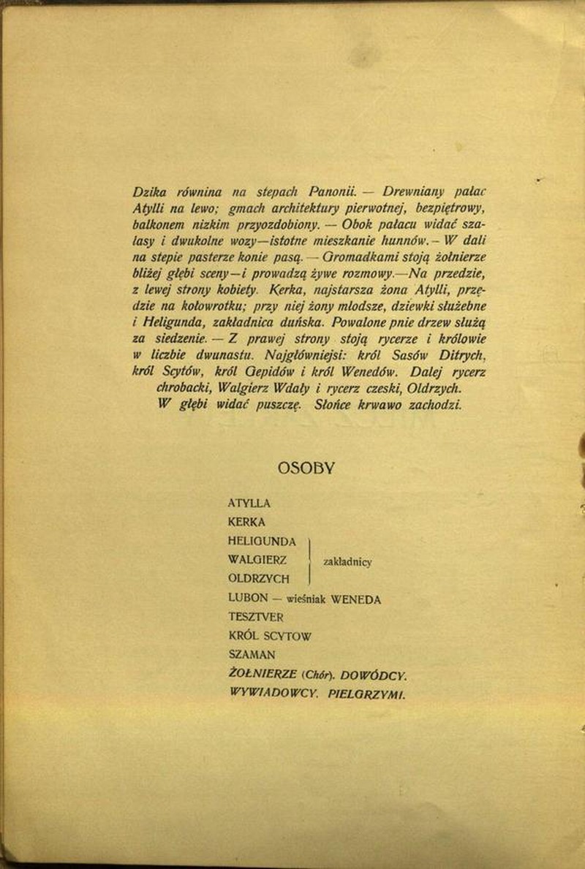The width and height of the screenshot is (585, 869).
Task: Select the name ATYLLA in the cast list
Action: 249,504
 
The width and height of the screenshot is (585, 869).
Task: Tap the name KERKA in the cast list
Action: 246,523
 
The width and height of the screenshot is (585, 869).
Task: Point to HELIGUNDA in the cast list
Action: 262,542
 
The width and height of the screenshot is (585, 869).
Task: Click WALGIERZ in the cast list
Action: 257,560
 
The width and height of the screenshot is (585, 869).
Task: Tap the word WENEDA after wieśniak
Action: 356,599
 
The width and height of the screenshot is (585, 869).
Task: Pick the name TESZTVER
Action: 256,618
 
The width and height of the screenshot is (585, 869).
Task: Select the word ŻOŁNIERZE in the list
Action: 262,674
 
